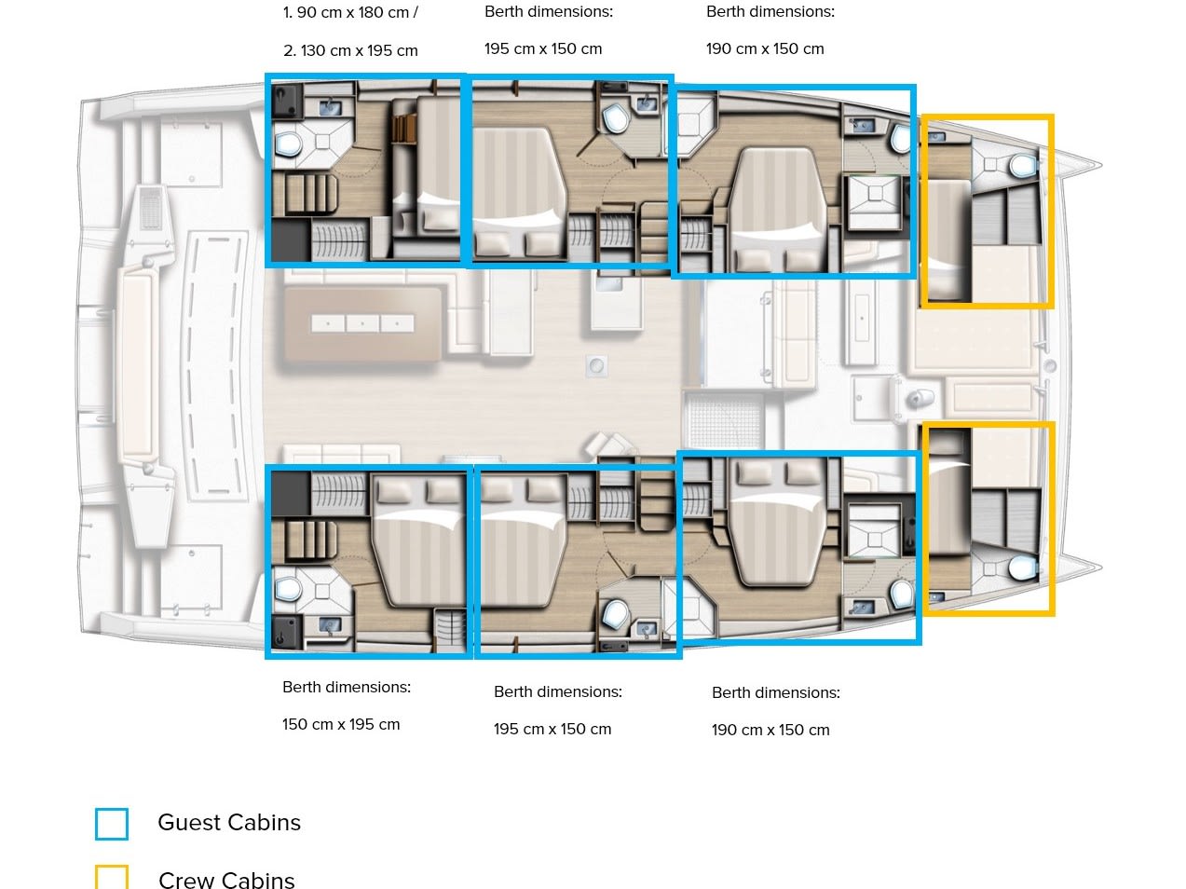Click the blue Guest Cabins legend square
coord(112,824)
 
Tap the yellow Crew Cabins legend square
coord(112,877)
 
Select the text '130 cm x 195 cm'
coord(359,51)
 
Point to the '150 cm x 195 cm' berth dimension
coord(341,724)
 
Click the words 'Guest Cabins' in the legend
coord(229,823)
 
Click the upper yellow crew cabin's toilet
coord(1023,165)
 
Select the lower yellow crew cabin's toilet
coord(1023,568)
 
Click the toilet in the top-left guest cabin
coord(288,144)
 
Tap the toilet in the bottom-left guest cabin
coord(288,589)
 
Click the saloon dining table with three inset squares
coord(362,323)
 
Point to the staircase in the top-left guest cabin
coord(306,193)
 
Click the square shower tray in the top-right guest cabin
coord(874,195)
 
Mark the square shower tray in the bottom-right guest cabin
coord(874,539)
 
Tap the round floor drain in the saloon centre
coord(596,366)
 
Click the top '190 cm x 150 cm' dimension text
coord(765,48)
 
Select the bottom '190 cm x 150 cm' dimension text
coord(770,730)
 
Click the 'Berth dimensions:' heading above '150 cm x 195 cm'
coord(347,687)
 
